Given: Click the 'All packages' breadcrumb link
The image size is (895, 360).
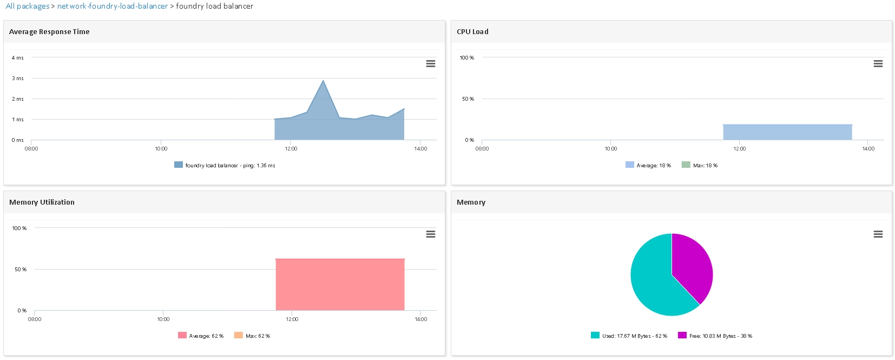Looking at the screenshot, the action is point(28,6).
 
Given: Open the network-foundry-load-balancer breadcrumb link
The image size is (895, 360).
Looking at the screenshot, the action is point(112,6).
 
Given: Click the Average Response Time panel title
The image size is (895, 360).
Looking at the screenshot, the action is point(49,31).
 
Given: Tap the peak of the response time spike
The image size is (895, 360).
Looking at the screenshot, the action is point(323,81).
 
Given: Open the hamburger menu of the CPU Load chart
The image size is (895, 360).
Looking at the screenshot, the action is point(878,63).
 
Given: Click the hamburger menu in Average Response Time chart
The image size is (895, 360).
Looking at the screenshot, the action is point(430,63).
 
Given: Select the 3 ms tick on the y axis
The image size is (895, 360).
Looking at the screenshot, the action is point(17,78).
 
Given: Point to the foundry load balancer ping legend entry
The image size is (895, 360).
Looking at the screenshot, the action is point(225,165).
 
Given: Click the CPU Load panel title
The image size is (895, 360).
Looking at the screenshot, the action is point(472,31).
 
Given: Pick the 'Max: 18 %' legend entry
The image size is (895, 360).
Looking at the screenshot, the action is point(700,165).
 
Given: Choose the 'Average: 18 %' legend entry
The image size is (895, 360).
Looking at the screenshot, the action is point(648,165).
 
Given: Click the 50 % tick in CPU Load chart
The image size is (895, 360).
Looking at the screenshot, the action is point(468,99).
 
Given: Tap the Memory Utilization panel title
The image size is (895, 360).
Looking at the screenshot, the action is point(42,202).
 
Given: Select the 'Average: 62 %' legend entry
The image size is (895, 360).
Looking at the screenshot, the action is point(201,336).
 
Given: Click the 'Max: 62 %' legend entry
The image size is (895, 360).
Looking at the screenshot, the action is point(252,336).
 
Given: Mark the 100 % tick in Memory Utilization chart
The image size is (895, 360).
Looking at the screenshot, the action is point(19,228).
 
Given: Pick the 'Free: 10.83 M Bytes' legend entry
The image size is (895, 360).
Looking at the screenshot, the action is point(715,336).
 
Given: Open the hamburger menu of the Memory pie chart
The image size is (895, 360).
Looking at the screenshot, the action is point(878,234).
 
